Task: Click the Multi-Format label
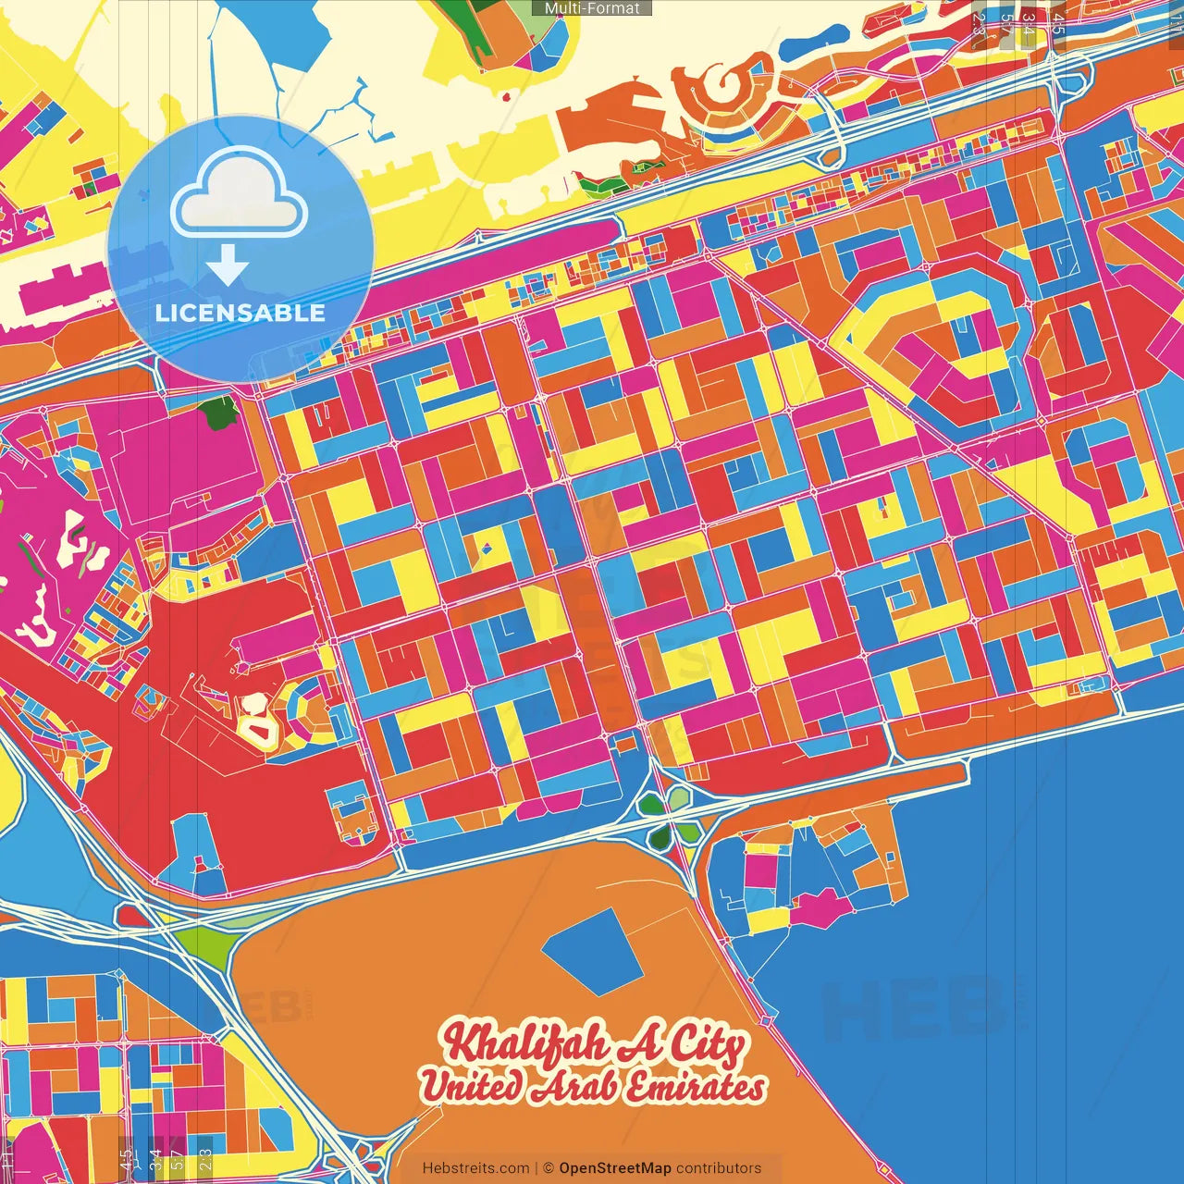click(x=592, y=8)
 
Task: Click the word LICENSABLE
click(x=240, y=313)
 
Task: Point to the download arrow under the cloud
click(x=227, y=265)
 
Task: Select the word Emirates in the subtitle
click(x=696, y=1087)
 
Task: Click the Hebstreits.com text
click(x=475, y=1168)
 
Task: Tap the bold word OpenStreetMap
click(x=614, y=1168)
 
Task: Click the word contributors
click(x=719, y=1168)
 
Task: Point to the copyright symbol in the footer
click(x=549, y=1168)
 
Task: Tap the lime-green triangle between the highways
click(x=203, y=944)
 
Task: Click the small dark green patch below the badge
click(x=220, y=413)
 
